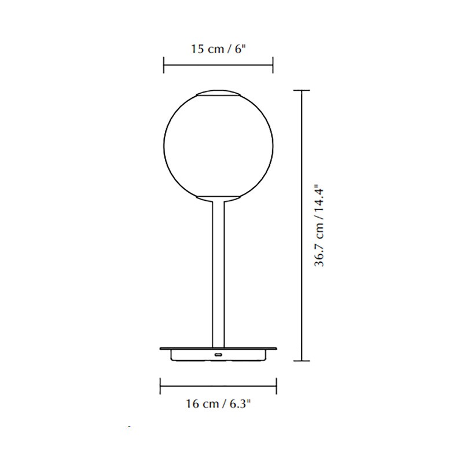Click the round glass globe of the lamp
pyautogui.click(x=218, y=145)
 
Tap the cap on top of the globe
pyautogui.click(x=218, y=94)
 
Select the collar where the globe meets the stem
pyautogui.click(x=218, y=199)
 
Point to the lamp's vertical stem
pyautogui.click(x=218, y=272)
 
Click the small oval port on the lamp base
pyautogui.click(x=218, y=354)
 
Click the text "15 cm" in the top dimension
pyautogui.click(x=205, y=49)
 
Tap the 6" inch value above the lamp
pyautogui.click(x=240, y=49)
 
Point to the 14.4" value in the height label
pyautogui.click(x=319, y=197)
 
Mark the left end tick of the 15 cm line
pyautogui.click(x=164, y=65)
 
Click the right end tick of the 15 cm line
pyautogui.click(x=273, y=65)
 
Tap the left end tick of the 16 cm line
pyautogui.click(x=160, y=384)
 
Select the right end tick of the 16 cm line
pyautogui.click(x=277, y=384)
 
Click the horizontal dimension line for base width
pyautogui.click(x=218, y=384)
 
